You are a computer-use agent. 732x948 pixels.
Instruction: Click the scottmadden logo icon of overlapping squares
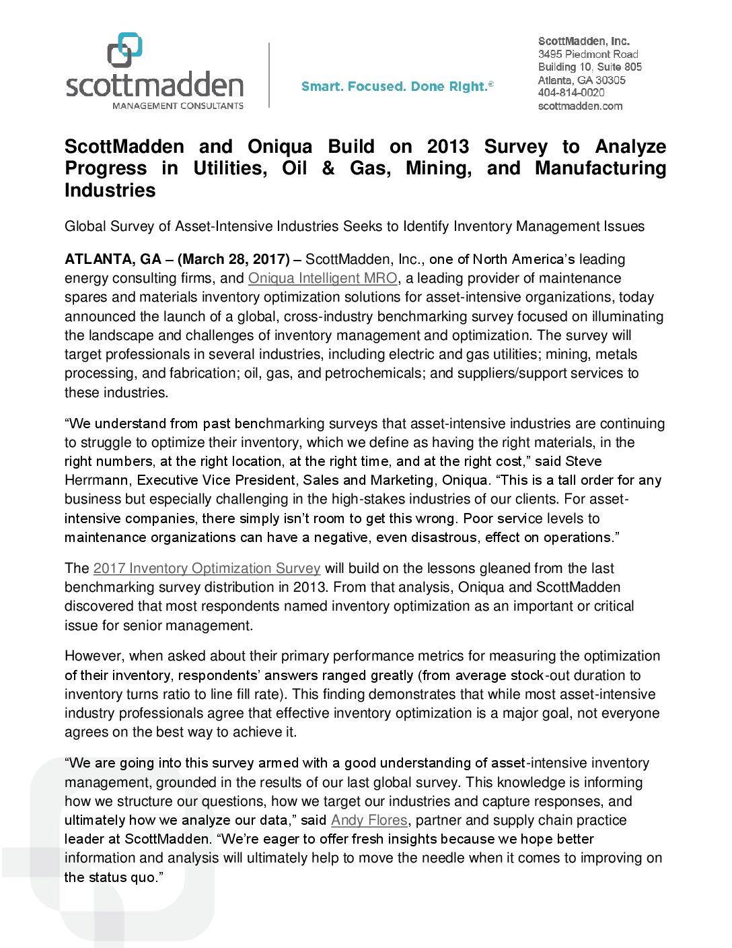click(124, 50)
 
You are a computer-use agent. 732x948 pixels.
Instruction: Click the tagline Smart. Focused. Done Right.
click(396, 86)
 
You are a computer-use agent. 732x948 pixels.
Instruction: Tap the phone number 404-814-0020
click(571, 93)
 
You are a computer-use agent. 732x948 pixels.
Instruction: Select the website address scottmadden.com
click(580, 106)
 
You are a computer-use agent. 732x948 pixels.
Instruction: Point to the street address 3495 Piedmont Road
click(587, 54)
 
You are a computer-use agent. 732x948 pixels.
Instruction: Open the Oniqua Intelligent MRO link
click(323, 278)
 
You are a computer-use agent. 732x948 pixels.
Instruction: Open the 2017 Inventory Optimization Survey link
click(207, 568)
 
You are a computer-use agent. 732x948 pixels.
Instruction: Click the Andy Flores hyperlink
click(369, 820)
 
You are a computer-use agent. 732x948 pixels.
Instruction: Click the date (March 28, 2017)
click(233, 259)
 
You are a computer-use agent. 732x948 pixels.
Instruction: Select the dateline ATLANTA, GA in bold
click(113, 259)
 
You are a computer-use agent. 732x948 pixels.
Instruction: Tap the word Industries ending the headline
click(110, 191)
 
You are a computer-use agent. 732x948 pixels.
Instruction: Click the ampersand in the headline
click(328, 168)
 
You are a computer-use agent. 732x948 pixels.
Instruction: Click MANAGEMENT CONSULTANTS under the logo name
click(178, 106)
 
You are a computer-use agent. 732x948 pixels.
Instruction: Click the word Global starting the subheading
click(85, 226)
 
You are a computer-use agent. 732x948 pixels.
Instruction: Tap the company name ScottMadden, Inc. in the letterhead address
click(583, 41)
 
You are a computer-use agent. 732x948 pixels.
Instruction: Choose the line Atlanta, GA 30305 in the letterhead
click(581, 80)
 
